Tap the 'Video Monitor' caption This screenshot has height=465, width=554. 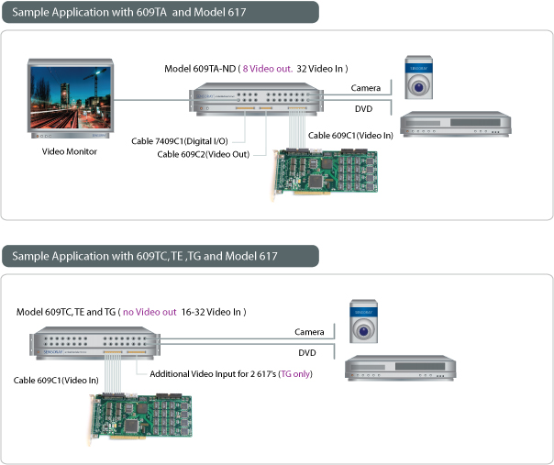70,151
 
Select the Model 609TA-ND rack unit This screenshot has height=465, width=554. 257,100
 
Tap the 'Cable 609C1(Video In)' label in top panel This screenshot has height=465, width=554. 350,135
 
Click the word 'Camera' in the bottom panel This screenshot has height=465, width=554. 309,331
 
